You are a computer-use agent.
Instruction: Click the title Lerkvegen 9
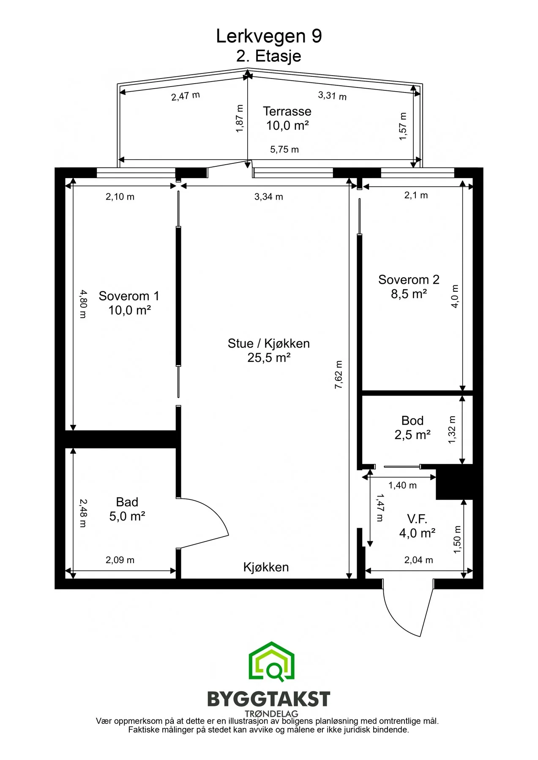tap(269, 36)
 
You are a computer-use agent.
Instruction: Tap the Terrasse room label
tap(287, 111)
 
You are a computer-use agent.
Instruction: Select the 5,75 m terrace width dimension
tap(284, 149)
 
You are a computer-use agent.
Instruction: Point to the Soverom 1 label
tap(129, 296)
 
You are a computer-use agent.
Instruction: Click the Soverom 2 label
tap(409, 280)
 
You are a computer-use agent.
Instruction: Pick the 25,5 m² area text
tap(269, 358)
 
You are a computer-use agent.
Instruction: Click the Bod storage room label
tap(412, 421)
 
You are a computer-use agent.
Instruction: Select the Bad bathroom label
tap(127, 502)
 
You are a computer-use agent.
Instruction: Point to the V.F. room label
tap(417, 519)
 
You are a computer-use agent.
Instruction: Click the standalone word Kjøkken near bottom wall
tap(266, 567)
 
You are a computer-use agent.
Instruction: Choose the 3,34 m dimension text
tap(269, 197)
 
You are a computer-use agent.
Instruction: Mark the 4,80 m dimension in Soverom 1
tap(82, 304)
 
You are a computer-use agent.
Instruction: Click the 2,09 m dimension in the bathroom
tap(120, 560)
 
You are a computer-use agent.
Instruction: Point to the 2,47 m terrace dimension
tap(186, 96)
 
